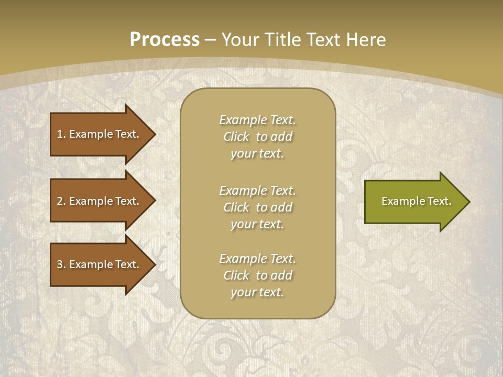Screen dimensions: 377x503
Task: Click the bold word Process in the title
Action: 165,40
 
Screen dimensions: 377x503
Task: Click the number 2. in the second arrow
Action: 61,201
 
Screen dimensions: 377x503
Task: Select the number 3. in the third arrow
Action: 61,264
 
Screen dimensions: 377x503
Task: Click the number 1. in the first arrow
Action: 61,134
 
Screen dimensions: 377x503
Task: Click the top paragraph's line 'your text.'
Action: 257,154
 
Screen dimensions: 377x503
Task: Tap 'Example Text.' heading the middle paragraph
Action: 257,191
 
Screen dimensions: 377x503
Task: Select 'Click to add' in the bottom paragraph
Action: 257,275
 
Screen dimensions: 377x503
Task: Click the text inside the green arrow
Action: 416,201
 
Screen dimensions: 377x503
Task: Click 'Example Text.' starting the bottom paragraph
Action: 257,259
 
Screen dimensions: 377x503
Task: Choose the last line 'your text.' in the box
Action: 257,293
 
